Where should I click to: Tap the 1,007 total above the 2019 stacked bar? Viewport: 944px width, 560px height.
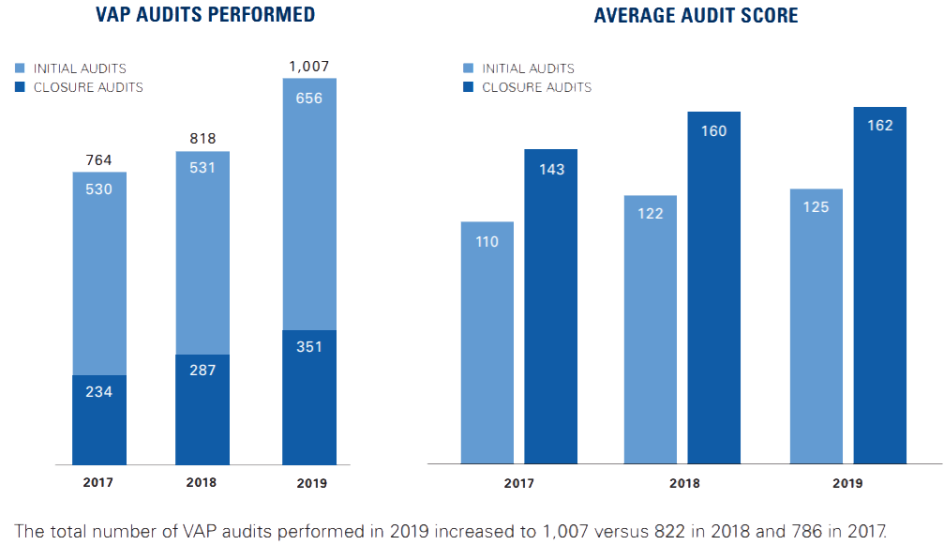tap(309, 66)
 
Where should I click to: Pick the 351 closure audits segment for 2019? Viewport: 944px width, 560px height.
tap(309, 397)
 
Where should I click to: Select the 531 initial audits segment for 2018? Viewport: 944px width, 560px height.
tap(202, 253)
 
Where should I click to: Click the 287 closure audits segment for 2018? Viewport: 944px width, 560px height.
tap(202, 409)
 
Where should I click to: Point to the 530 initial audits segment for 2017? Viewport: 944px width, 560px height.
tap(98, 272)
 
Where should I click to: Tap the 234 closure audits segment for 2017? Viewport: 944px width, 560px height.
tap(98, 419)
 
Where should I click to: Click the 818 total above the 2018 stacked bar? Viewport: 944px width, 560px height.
tap(202, 139)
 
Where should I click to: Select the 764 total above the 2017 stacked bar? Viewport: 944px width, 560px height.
tap(98, 159)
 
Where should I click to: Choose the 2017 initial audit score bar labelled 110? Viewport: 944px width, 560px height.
tap(487, 342)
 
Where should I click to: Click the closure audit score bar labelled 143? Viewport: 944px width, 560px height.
tap(551, 306)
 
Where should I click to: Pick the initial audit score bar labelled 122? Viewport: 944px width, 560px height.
tap(651, 328)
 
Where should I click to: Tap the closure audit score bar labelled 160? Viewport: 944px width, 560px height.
tap(714, 287)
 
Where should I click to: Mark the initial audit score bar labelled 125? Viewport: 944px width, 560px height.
tap(817, 325)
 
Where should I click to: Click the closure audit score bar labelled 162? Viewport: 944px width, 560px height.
tap(880, 284)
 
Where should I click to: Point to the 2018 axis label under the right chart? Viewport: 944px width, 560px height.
tap(685, 484)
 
